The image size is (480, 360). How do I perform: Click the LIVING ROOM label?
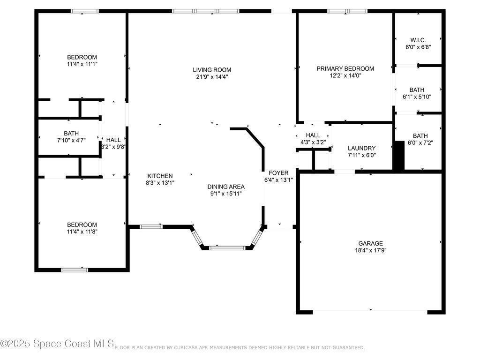tap(212, 70)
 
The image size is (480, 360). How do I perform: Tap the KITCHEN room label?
tap(160, 176)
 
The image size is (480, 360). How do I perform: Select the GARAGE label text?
tap(370, 243)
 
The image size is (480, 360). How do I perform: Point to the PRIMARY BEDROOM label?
tap(345, 68)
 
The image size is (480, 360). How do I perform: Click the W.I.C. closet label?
tap(418, 40)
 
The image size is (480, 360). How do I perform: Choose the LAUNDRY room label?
tap(361, 148)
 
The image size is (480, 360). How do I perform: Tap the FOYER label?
tap(278, 173)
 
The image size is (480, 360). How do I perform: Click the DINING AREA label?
tap(226, 187)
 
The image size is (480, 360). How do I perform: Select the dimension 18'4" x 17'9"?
tap(370, 250)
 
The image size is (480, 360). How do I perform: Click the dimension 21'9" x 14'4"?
tap(212, 77)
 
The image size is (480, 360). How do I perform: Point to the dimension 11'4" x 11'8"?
tap(82, 232)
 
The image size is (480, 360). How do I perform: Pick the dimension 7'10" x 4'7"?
tap(71, 141)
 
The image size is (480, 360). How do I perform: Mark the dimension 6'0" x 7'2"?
tap(420, 142)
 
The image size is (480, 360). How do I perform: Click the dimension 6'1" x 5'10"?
tap(417, 97)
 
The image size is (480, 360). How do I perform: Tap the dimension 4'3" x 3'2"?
tap(313, 142)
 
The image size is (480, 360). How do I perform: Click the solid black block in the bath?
tap(398, 156)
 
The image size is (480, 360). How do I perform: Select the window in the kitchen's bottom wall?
tap(151, 227)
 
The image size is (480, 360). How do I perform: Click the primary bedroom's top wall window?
tap(347, 11)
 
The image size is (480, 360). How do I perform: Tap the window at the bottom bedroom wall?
tap(75, 270)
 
